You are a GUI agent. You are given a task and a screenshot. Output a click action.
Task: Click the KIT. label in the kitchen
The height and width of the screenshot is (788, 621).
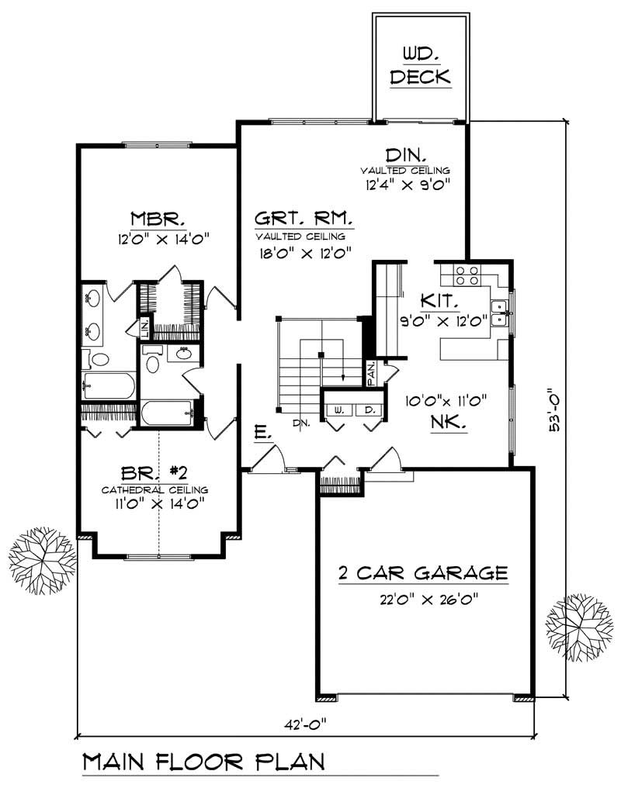click(x=440, y=300)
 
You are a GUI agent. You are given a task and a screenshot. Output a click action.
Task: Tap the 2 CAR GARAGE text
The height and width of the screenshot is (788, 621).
click(x=423, y=574)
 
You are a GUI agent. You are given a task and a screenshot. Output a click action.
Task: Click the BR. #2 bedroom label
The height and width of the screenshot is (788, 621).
click(x=154, y=472)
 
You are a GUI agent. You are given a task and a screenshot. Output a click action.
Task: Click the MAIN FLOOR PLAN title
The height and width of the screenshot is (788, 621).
click(x=203, y=762)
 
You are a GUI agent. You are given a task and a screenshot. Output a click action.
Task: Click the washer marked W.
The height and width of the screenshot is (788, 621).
click(x=339, y=409)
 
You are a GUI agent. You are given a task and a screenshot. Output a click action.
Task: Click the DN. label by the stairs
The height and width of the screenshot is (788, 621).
click(x=301, y=423)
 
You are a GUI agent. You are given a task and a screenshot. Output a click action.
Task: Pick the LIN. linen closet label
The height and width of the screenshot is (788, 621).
click(x=144, y=326)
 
